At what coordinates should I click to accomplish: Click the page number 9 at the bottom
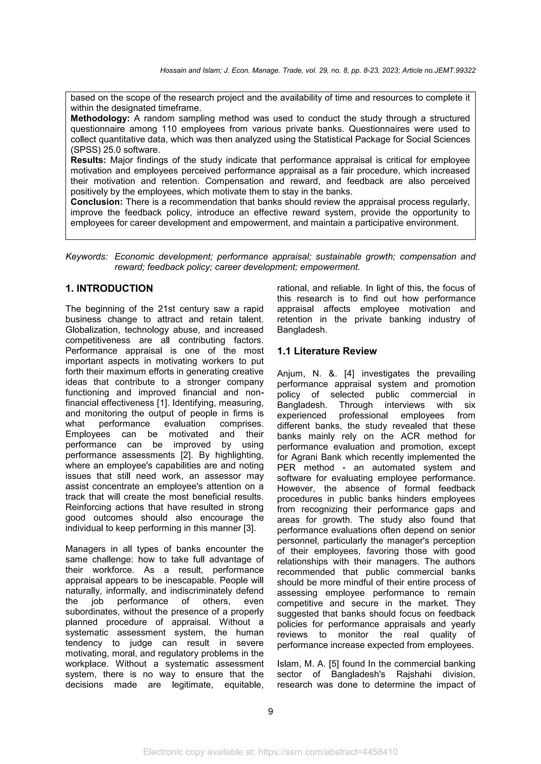coord(270,711)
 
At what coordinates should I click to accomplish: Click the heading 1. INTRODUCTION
coord(109,288)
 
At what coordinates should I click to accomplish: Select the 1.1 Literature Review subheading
coord(327,351)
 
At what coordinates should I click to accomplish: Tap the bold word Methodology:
coord(100,118)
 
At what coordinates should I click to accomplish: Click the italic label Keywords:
coord(87,257)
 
